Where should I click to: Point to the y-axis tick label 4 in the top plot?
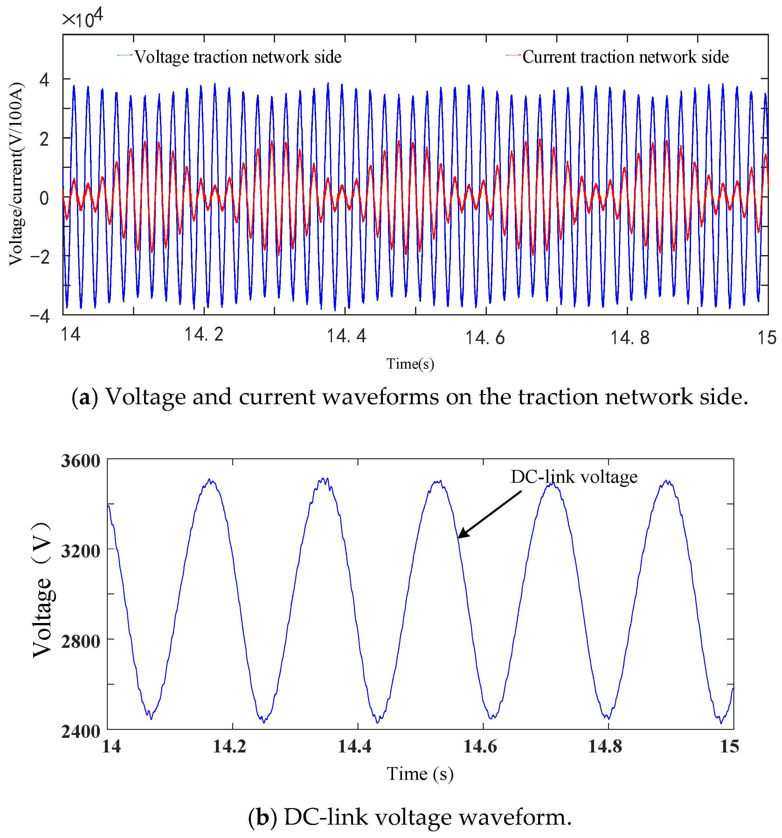pos(44,79)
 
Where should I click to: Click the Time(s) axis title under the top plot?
pos(410,364)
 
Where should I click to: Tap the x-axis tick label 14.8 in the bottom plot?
pos(605,746)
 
